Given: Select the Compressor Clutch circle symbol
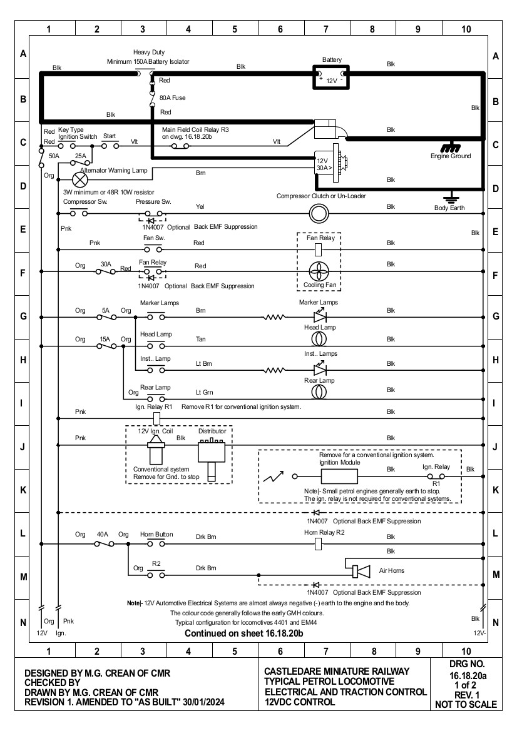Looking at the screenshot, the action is tap(319, 214).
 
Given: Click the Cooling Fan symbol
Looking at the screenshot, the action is tap(319, 271).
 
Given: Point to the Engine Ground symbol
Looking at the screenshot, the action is tap(450, 147).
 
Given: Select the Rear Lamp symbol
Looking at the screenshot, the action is tap(319, 391).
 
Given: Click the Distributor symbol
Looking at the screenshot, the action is tap(212, 459).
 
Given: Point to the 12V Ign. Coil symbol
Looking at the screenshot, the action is tap(156, 449).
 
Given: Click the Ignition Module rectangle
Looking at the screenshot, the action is tap(339, 476).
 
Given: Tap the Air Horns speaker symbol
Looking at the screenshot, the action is tap(361, 571).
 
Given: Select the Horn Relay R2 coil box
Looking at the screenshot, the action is tap(319, 543).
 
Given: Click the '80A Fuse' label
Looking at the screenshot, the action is tap(173, 98).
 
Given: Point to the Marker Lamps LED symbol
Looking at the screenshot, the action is tap(320, 316).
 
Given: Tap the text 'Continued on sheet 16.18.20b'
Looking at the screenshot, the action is tap(244, 633).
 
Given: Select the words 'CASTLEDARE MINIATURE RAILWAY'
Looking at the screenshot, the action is tap(336, 672).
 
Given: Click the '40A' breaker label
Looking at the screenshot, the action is tap(102, 534).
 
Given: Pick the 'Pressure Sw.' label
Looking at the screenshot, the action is tap(153, 202).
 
